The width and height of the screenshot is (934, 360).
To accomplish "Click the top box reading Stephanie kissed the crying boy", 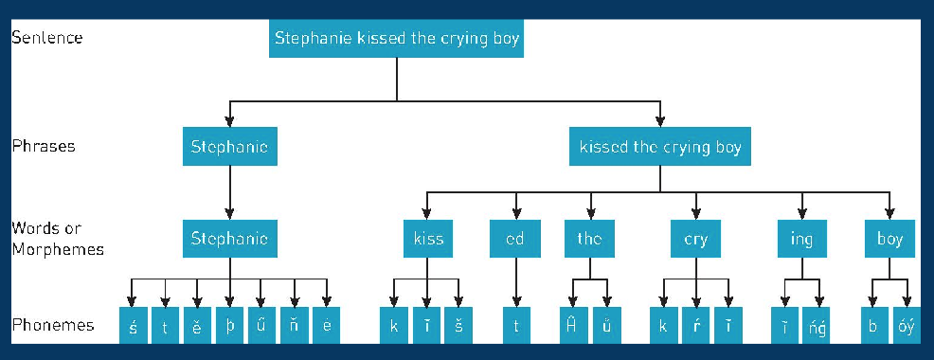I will pyautogui.click(x=397, y=40).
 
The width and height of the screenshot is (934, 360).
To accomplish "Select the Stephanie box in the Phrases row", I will pyautogui.click(x=229, y=147).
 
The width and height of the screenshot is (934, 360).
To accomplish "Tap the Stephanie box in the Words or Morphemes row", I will pyautogui.click(x=229, y=239).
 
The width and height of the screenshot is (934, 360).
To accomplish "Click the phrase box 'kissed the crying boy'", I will pyautogui.click(x=660, y=147).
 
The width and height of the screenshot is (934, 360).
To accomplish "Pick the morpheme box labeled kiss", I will pyautogui.click(x=428, y=239).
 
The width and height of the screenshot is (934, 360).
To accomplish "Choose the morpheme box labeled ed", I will pyautogui.click(x=515, y=239).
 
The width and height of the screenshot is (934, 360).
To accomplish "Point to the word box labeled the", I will pyautogui.click(x=589, y=239).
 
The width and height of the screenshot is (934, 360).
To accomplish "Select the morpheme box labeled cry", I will pyautogui.click(x=695, y=239).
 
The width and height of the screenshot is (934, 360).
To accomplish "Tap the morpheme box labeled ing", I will pyautogui.click(x=801, y=239).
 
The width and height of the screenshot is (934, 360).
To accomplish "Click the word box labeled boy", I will pyautogui.click(x=889, y=239).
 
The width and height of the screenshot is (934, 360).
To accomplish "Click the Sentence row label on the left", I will pyautogui.click(x=47, y=39).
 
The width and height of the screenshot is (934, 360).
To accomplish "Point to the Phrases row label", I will pyautogui.click(x=44, y=147).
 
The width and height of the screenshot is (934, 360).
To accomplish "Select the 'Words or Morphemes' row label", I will pyautogui.click(x=57, y=239).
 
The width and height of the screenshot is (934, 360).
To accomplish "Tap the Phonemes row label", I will pyautogui.click(x=53, y=325).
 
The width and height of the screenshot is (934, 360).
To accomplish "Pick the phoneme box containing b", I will pyautogui.click(x=873, y=325).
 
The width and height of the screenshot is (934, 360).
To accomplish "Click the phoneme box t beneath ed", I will pyautogui.click(x=516, y=325).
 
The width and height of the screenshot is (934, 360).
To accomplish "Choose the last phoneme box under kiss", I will pyautogui.click(x=459, y=325).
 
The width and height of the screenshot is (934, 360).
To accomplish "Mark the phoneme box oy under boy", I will pyautogui.click(x=904, y=325).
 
